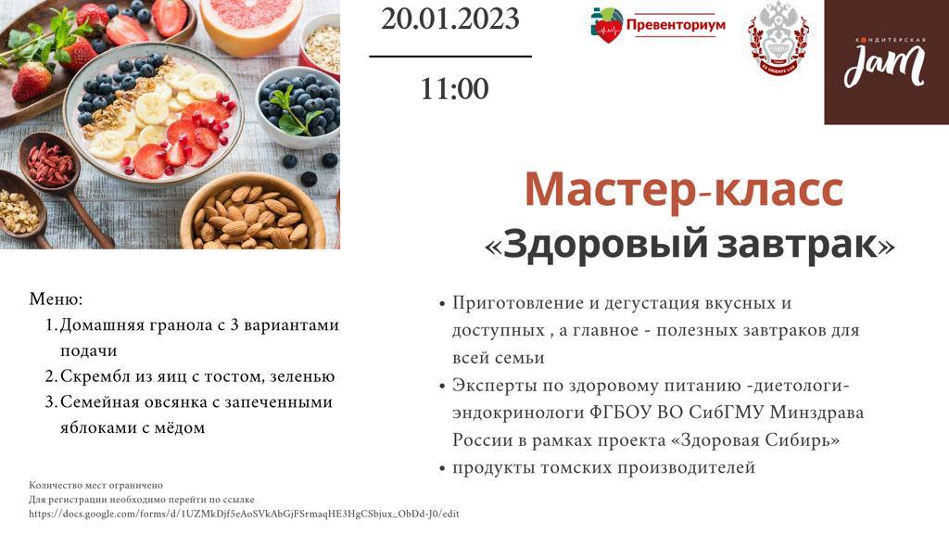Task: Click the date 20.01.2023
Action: (x=450, y=19)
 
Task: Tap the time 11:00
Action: (x=454, y=88)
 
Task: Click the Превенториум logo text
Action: (x=676, y=25)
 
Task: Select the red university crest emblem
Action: (x=778, y=39)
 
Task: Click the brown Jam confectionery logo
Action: (x=886, y=62)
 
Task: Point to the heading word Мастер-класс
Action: (x=684, y=190)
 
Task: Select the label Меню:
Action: (x=56, y=299)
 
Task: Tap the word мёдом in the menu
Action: (x=181, y=427)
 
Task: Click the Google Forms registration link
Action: (x=244, y=514)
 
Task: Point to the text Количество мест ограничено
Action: (x=95, y=485)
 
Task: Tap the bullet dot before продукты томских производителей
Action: (x=442, y=468)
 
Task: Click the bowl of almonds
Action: (x=254, y=215)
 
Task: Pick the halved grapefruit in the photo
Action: (x=251, y=24)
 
